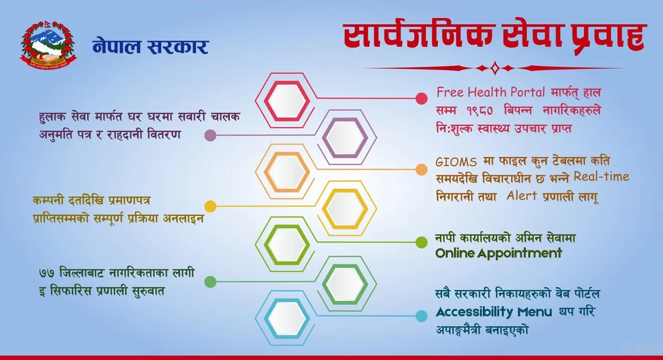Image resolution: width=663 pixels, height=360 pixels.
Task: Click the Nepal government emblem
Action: point(48,45)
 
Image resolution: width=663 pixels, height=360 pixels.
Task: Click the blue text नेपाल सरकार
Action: point(151,46)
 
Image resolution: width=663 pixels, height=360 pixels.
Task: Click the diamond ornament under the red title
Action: point(495,68)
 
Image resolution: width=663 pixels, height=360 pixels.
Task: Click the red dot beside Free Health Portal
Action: point(422,98)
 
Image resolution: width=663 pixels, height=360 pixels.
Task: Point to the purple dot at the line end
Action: point(210,135)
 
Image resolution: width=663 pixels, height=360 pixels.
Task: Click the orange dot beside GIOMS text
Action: point(422,170)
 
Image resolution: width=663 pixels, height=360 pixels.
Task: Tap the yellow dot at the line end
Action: point(210,207)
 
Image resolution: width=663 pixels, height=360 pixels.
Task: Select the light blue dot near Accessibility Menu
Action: point(422,316)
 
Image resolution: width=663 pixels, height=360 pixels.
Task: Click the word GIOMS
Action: point(456,162)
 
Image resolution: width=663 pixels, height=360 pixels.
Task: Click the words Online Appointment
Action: point(498,253)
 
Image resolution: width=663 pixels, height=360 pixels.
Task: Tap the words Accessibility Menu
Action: point(494,312)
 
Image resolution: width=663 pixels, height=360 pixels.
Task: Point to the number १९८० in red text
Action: point(480,111)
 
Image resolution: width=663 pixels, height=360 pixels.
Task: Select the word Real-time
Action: point(602,177)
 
